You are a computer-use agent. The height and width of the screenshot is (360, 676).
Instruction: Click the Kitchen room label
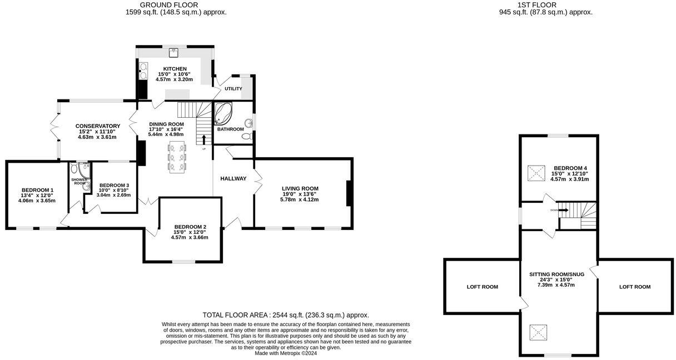[175, 69]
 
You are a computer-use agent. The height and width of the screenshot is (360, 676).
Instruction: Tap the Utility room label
[233, 89]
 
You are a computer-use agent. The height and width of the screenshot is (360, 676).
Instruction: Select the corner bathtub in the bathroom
[225, 114]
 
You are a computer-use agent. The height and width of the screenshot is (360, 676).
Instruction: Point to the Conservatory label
[98, 126]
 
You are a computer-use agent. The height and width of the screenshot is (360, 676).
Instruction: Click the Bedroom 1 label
[38, 189]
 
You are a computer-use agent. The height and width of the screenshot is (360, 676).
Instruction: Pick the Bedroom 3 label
[114, 186]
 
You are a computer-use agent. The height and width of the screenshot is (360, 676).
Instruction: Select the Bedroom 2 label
[190, 227]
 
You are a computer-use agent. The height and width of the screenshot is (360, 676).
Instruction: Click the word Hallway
[233, 178]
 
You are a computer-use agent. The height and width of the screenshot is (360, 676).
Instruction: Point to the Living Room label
[300, 188]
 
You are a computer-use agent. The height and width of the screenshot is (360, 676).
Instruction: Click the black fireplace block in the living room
[349, 194]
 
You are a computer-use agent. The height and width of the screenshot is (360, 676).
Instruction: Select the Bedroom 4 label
[570, 168]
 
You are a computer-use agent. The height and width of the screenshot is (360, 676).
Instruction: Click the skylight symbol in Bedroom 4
[537, 173]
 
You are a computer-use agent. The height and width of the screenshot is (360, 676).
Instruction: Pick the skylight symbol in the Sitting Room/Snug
[538, 334]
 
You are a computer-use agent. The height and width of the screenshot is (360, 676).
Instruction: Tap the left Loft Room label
[482, 287]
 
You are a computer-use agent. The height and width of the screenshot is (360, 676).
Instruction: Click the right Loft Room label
[635, 287]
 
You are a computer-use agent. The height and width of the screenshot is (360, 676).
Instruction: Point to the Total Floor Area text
[286, 314]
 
